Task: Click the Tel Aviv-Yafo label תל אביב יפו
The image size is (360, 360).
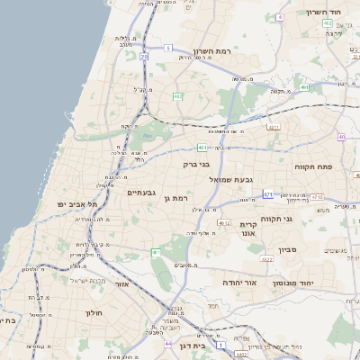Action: point(78,205)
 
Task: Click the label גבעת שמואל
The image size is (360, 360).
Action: point(230,180)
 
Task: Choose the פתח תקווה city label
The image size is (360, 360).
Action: point(314,167)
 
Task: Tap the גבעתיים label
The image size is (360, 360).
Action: point(142,193)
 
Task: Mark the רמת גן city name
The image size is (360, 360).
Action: point(183,197)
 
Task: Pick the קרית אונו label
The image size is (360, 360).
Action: point(248,229)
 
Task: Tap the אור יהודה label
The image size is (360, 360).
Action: point(239,283)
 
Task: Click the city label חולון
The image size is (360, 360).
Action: point(94,313)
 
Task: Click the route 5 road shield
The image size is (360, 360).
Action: point(167,48)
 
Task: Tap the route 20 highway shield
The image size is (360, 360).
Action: point(145,56)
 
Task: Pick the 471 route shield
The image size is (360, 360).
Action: point(268,193)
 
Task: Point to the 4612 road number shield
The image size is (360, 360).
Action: point(224,221)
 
